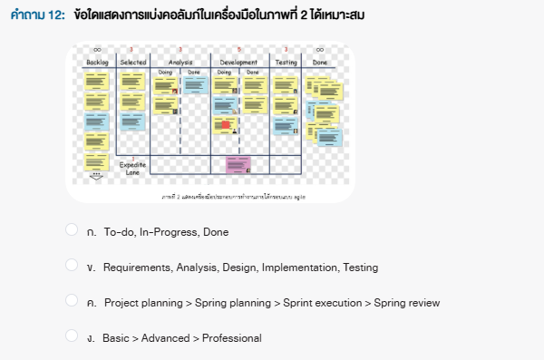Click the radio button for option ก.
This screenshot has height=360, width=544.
[73, 230]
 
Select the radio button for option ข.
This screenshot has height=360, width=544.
[73, 266]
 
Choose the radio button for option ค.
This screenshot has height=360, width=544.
[73, 301]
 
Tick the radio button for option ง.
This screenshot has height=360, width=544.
[73, 336]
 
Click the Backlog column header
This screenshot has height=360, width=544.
[97, 62]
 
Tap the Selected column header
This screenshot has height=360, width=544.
[132, 62]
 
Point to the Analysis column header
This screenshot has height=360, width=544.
[180, 62]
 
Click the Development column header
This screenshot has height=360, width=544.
[238, 62]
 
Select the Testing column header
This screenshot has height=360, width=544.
[286, 62]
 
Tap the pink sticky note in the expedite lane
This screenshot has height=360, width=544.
[238, 164]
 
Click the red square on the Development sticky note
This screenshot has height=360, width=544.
[226, 123]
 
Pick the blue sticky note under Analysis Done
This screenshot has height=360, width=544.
[198, 84]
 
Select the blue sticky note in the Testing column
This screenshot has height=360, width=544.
[286, 122]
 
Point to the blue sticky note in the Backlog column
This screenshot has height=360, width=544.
[96, 121]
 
